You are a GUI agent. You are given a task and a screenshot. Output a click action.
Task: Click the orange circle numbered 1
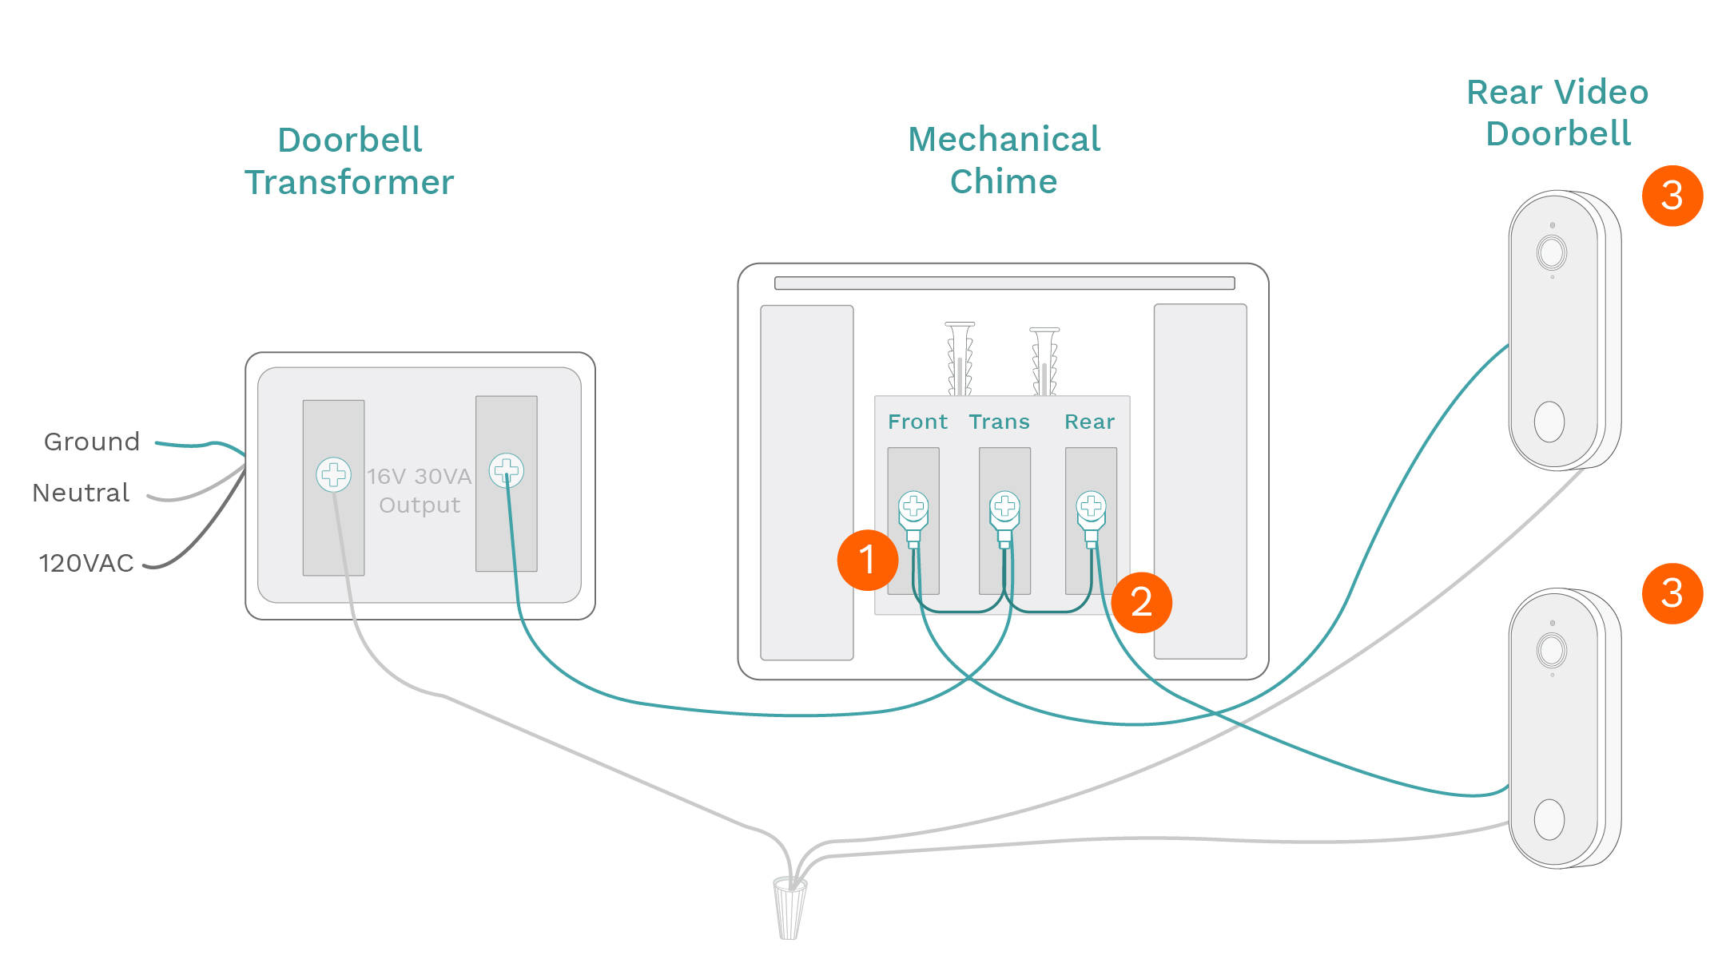(x=867, y=560)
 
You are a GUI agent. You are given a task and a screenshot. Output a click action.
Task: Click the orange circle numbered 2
(x=1141, y=602)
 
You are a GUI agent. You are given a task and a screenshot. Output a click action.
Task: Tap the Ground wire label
(x=92, y=442)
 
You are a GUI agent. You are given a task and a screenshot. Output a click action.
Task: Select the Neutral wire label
(x=81, y=493)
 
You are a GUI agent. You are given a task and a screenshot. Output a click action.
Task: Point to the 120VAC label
(x=86, y=563)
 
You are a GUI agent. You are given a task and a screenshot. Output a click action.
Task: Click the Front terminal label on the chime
(x=917, y=422)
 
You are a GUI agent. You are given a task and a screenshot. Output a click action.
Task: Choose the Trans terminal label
(x=999, y=422)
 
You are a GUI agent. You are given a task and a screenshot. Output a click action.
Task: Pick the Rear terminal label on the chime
(x=1089, y=422)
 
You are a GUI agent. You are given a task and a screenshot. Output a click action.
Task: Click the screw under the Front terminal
(x=913, y=505)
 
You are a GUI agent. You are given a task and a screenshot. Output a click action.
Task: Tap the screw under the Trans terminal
(x=1004, y=505)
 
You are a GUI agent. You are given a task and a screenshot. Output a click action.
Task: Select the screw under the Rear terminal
(x=1091, y=505)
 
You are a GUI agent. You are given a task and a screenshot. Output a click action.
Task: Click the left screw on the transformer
(x=333, y=474)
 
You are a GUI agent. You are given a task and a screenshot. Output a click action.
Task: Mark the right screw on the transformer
(x=507, y=470)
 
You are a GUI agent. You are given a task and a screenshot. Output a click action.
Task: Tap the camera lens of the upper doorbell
(x=1551, y=253)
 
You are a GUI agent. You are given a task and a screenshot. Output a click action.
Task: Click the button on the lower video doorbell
(x=1549, y=819)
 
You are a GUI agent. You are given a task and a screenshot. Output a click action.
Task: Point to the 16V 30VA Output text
(x=420, y=490)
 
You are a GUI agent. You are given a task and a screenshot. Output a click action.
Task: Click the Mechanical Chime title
(x=1004, y=160)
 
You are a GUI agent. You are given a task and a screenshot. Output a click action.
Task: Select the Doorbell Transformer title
(x=349, y=161)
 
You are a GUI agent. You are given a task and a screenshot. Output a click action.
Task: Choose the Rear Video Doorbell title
(x=1557, y=113)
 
